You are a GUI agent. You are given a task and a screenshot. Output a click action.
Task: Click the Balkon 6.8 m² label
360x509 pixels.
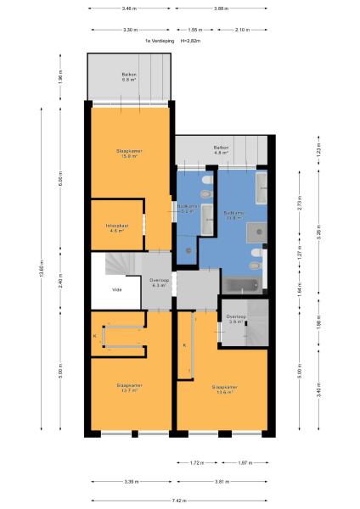(129, 77)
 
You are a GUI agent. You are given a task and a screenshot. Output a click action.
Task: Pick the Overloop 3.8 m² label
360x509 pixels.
(236, 320)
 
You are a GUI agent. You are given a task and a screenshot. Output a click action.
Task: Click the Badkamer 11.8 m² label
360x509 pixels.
(234, 215)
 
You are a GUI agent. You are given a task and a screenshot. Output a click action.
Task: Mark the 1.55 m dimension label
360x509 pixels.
(194, 30)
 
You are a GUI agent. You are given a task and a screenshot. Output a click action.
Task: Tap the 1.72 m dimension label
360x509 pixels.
(195, 462)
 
